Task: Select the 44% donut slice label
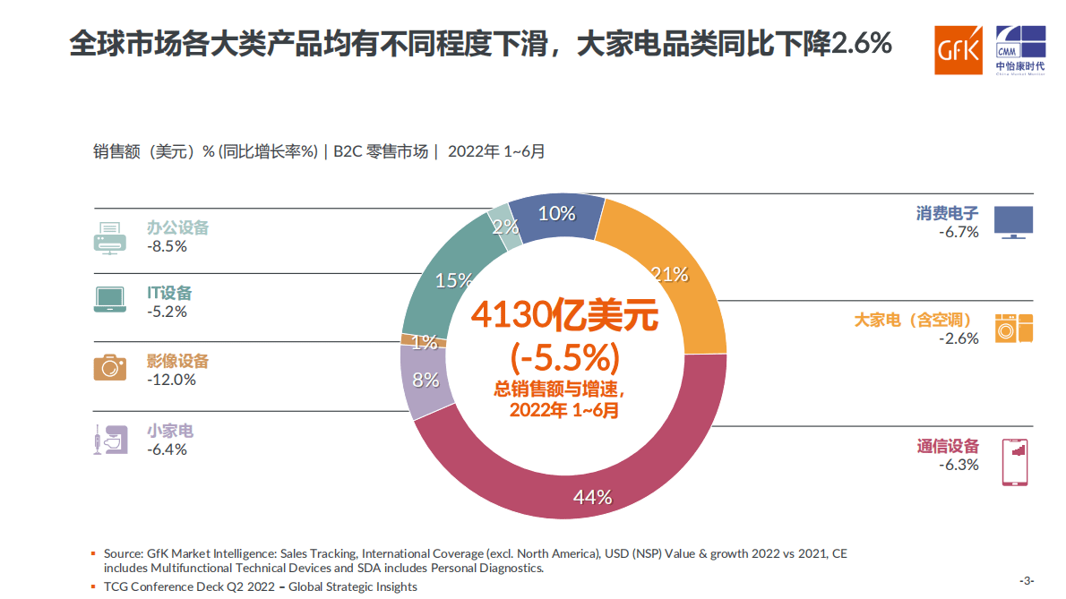pos(592,497)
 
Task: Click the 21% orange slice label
pos(669,274)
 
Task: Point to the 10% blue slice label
pos(556,213)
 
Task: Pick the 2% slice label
pos(506,227)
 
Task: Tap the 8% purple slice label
pos(426,380)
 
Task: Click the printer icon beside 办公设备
pos(110,237)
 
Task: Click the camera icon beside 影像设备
pos(110,367)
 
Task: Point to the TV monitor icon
pos(1013,222)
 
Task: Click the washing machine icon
pos(1014,328)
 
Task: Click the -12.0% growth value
pos(171,380)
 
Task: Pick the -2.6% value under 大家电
pos(959,339)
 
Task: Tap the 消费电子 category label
pos(947,213)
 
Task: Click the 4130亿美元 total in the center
pos(565,314)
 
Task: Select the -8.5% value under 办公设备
pos(167,246)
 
